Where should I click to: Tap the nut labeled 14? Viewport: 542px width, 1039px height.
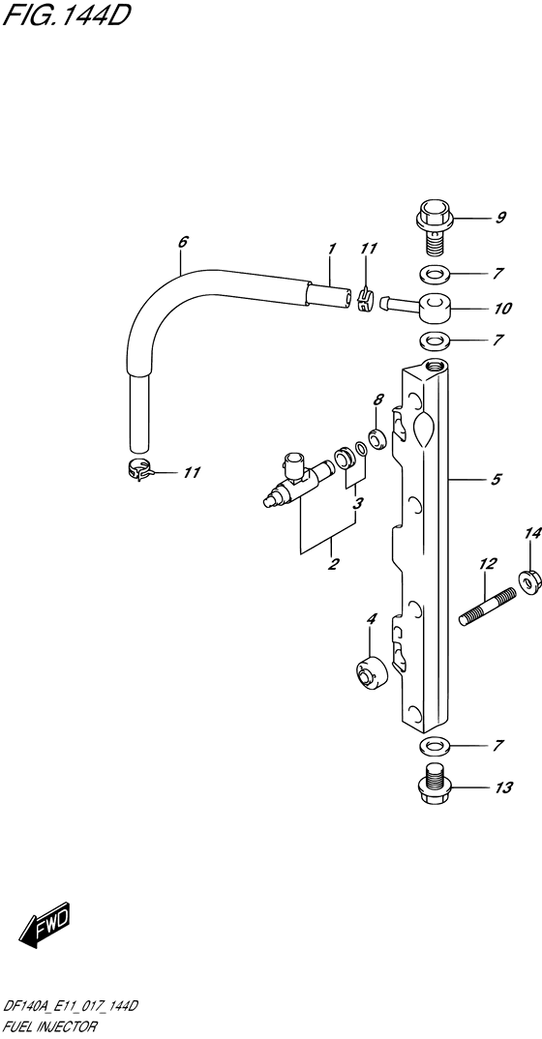[x=530, y=581]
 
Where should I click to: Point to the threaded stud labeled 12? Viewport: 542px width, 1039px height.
[x=488, y=607]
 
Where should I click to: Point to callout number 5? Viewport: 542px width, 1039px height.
[x=497, y=479]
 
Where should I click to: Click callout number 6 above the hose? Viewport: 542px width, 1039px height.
[x=184, y=242]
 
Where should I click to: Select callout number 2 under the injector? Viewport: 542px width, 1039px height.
[x=334, y=564]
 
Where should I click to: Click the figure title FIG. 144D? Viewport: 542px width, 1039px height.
[x=64, y=15]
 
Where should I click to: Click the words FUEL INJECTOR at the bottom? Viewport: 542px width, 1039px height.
[x=50, y=1027]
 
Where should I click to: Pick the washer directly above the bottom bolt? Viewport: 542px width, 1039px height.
[x=434, y=746]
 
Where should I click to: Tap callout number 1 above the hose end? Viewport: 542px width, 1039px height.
[x=332, y=250]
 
